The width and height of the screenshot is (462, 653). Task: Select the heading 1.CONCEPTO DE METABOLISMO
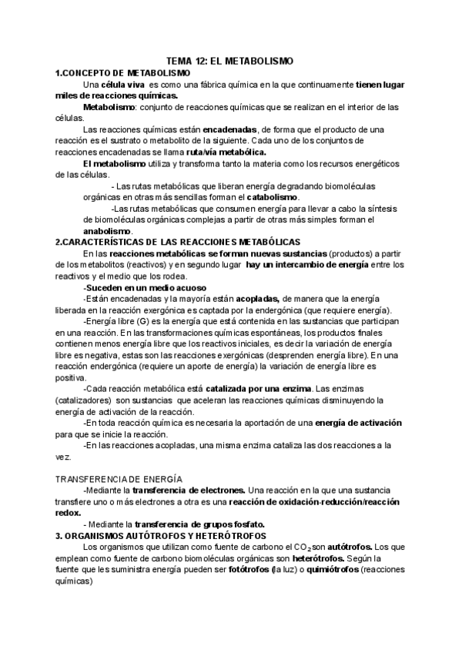click(x=113, y=72)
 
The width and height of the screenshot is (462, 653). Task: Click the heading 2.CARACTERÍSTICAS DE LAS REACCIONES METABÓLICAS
click(x=178, y=242)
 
